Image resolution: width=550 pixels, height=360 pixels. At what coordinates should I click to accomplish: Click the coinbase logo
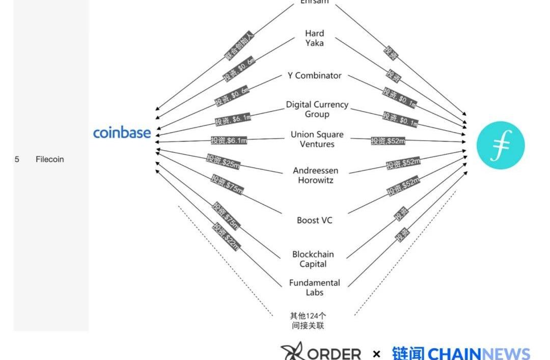[x=122, y=133]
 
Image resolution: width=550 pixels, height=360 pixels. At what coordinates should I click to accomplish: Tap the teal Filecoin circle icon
[x=500, y=145]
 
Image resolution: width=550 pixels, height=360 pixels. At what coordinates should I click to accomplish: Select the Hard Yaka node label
[x=314, y=38]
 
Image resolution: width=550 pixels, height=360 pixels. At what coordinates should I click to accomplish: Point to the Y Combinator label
[x=314, y=75]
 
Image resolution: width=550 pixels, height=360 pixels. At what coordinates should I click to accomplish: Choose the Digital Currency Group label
[x=317, y=109]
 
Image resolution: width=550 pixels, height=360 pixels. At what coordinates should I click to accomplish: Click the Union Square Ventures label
[x=317, y=139]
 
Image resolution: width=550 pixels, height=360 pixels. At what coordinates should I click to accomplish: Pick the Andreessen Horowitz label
[x=315, y=175]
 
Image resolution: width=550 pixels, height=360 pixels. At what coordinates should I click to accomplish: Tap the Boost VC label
[x=314, y=220]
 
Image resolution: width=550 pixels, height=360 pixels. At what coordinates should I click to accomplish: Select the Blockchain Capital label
[x=313, y=259]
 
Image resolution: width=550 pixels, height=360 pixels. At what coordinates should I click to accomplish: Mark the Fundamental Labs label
[x=314, y=288]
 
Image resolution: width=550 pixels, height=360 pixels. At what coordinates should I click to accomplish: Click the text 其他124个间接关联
[x=308, y=321]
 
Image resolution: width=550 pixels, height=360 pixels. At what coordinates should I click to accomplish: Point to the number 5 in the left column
[x=17, y=159]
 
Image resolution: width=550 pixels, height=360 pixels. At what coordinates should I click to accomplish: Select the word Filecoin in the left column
[x=50, y=159]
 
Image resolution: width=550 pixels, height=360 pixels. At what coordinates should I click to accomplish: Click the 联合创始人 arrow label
[x=239, y=47]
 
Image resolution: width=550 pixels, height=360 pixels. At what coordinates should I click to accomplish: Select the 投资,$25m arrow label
[x=223, y=161]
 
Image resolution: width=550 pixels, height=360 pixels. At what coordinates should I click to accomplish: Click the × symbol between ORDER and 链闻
[x=376, y=354]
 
